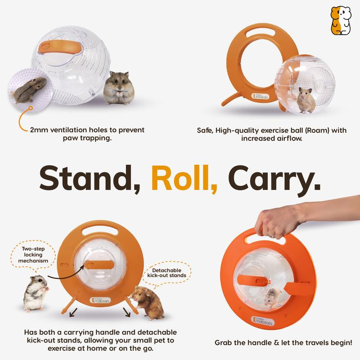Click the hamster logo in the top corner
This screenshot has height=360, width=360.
coord(341,20)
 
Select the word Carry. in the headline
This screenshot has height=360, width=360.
coord(275,179)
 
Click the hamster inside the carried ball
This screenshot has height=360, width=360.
coord(273,297)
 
